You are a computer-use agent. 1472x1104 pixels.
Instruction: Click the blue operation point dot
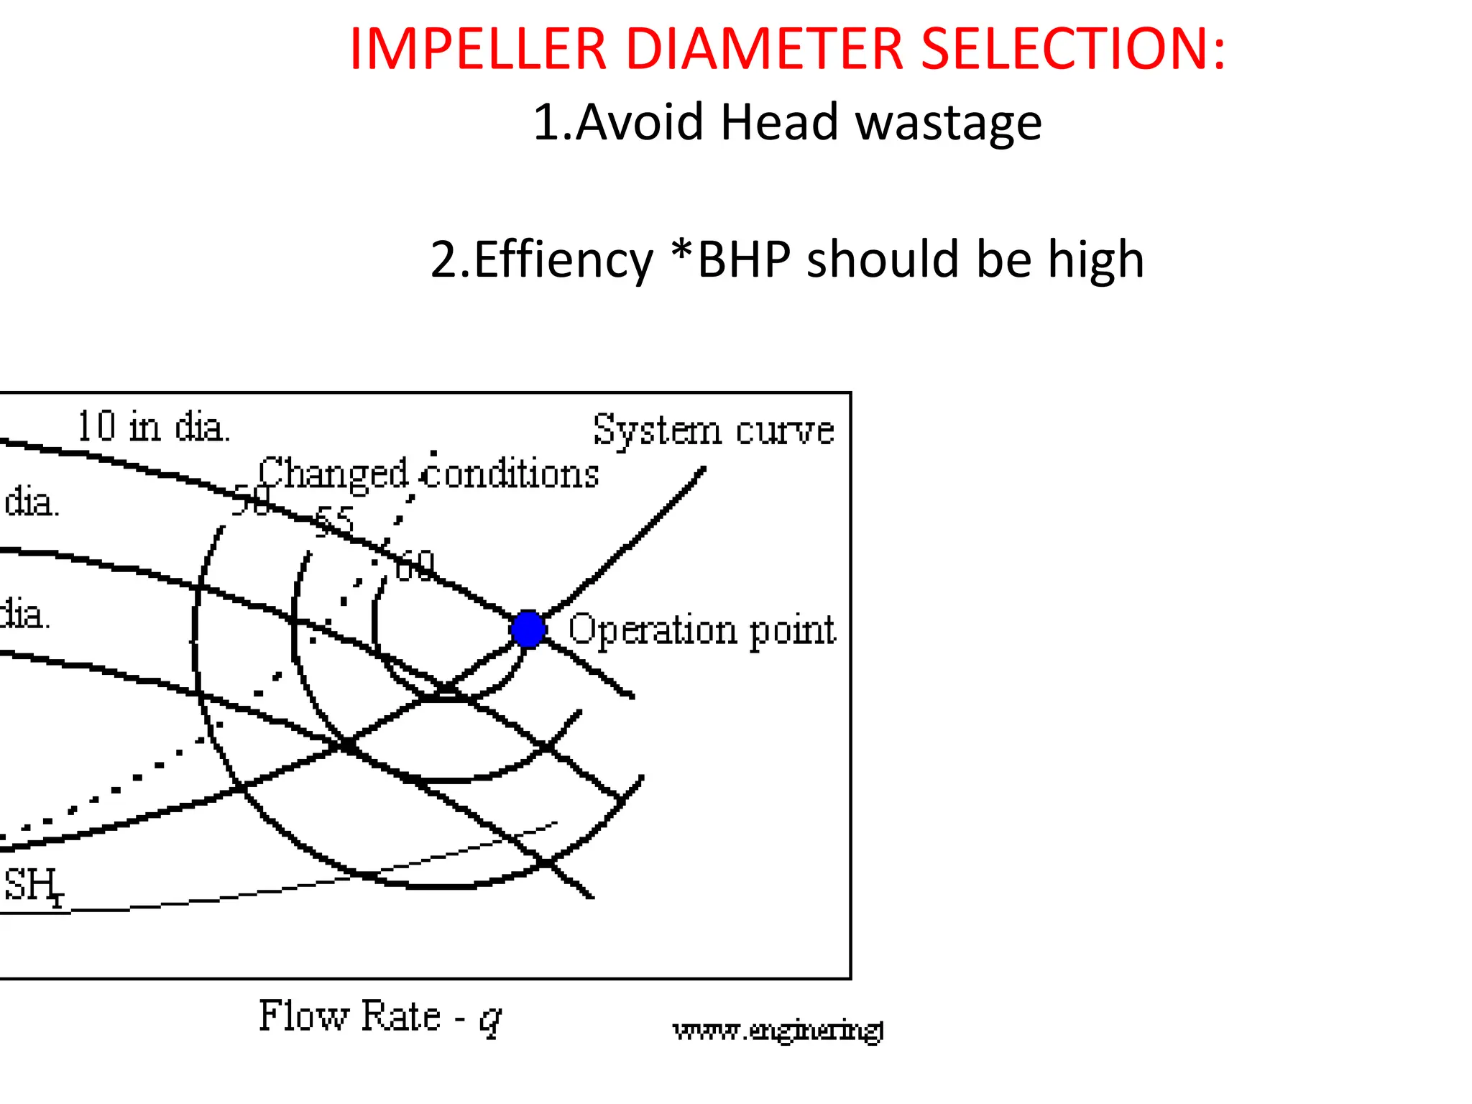[528, 629]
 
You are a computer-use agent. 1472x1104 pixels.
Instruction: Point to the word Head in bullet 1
[779, 121]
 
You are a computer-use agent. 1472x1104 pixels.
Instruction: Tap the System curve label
[713, 430]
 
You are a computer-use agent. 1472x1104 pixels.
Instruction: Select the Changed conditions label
[428, 474]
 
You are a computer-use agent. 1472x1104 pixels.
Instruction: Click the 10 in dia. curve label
[153, 426]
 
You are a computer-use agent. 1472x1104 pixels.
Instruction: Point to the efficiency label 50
[251, 500]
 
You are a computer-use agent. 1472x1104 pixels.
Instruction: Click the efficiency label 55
[335, 520]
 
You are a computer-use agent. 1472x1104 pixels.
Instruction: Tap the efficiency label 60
[416, 565]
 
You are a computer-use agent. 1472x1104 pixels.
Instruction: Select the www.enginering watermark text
[778, 1031]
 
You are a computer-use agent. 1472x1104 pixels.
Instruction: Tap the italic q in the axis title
[490, 1019]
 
